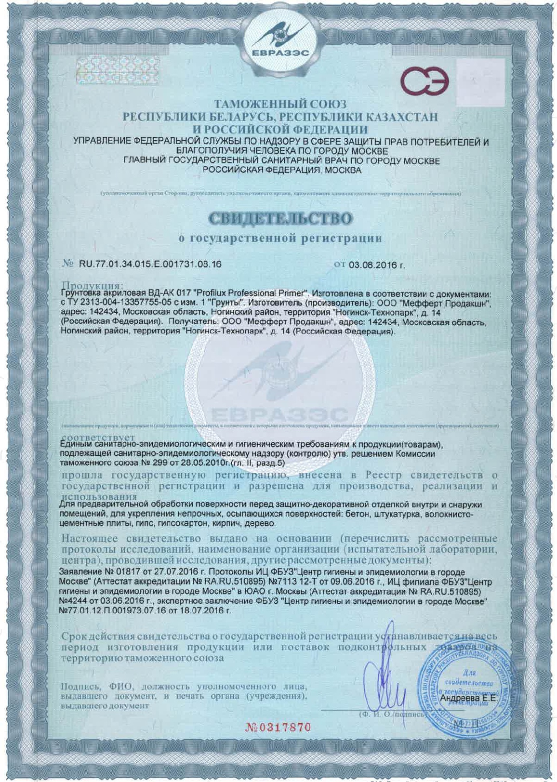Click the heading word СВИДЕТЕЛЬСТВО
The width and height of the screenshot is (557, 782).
280,218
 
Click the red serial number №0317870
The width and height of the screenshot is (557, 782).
278,727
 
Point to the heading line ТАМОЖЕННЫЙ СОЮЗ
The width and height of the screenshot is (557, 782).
280,104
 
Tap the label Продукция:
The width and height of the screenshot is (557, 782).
93,286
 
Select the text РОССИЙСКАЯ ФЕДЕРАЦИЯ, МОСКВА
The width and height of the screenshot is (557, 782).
281,170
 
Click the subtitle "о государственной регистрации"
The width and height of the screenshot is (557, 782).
280,238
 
